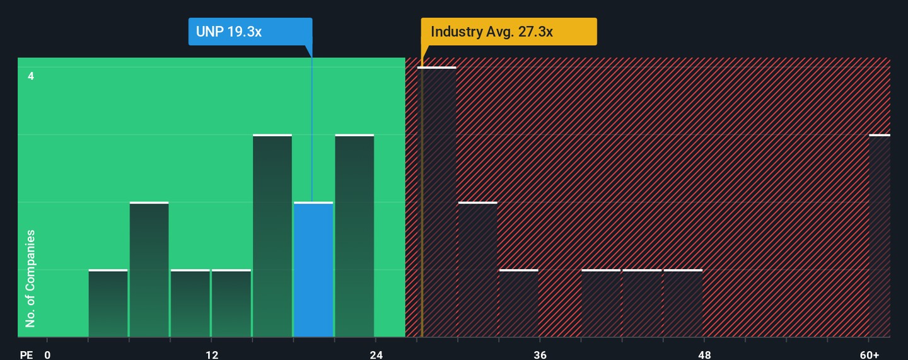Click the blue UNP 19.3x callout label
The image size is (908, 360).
click(250, 32)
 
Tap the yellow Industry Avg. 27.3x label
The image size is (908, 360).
click(509, 32)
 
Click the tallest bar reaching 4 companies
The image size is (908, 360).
click(437, 202)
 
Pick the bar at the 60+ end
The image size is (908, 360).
click(880, 236)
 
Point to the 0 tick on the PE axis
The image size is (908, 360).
click(47, 355)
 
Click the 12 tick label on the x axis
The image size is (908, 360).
click(212, 355)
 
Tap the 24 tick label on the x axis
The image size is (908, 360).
click(376, 355)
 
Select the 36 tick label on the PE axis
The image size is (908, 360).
click(540, 355)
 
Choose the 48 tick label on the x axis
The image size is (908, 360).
click(705, 355)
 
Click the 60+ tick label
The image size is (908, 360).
click(869, 355)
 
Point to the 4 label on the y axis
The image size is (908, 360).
click(31, 76)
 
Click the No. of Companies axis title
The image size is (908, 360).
click(30, 279)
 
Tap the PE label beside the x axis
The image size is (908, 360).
click(26, 355)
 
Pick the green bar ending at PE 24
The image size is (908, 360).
click(354, 236)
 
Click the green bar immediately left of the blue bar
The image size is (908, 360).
click(272, 236)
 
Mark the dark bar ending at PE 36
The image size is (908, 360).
click(519, 303)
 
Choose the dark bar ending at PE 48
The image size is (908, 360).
click(683, 303)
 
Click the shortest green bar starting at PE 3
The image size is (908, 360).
click(108, 303)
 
